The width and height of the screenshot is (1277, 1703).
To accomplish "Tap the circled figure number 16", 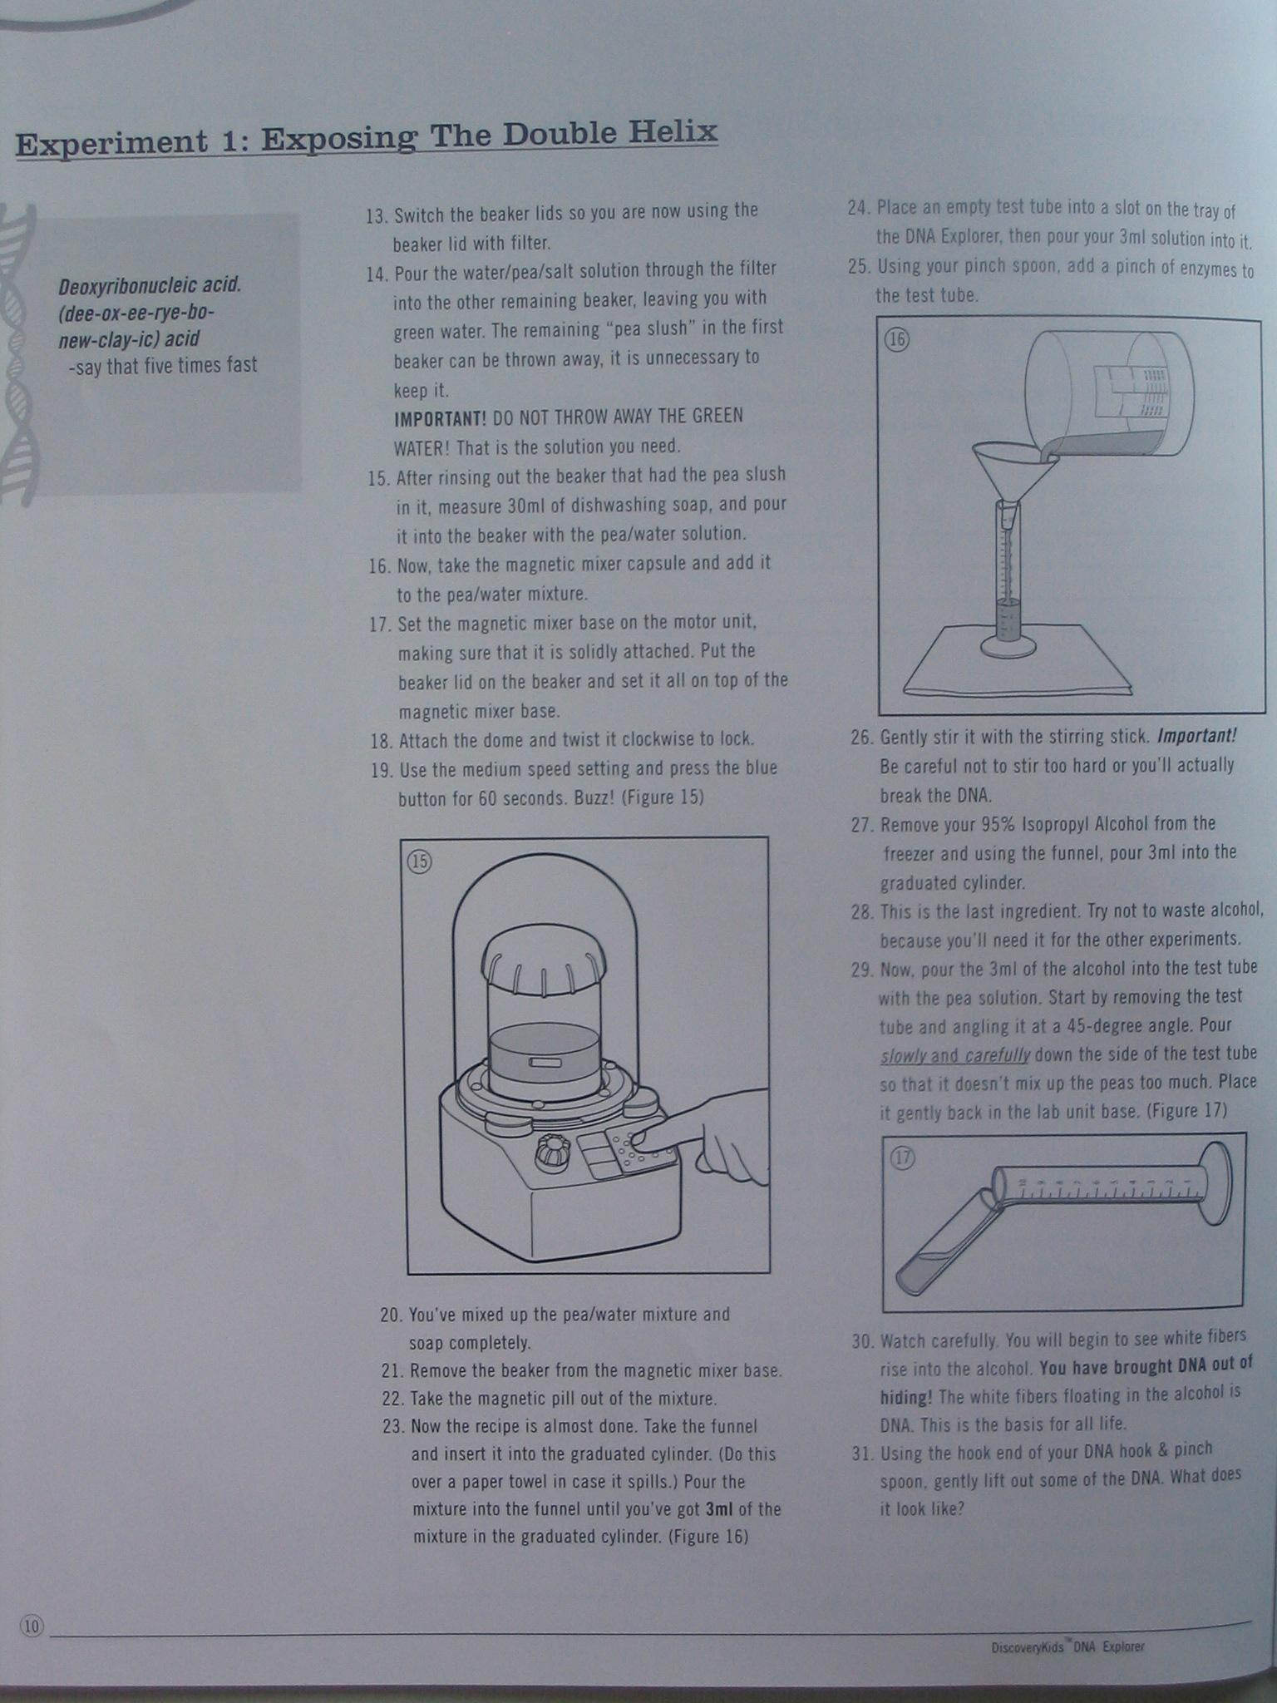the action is [898, 339].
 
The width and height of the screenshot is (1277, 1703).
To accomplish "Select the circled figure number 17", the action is [903, 1158].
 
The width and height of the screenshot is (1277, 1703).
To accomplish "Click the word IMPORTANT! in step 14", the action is [440, 417].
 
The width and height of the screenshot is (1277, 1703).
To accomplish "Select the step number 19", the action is [382, 770].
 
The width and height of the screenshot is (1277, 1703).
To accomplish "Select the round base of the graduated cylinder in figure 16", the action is [1008, 645].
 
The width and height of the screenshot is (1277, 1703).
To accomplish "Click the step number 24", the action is [859, 208].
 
